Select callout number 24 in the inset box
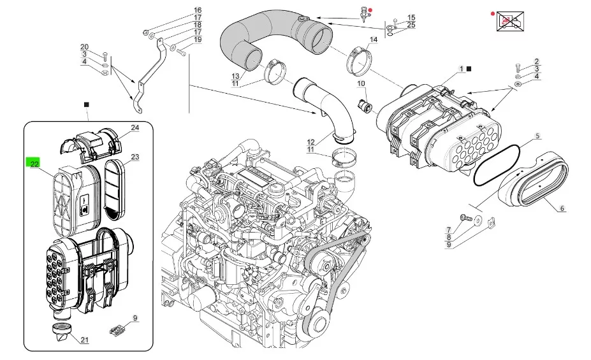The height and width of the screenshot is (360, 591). click(x=135, y=127)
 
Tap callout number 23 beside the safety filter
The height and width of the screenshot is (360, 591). click(x=135, y=157)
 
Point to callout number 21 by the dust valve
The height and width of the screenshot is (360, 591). click(x=85, y=340)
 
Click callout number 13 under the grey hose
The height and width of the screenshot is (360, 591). click(x=235, y=76)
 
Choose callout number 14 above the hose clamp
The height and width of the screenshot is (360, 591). click(x=374, y=40)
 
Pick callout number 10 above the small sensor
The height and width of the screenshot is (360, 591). click(x=361, y=83)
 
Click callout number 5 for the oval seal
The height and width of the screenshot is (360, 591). click(x=537, y=136)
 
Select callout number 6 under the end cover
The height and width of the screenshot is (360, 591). click(x=562, y=208)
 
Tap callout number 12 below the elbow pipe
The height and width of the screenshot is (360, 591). click(x=310, y=142)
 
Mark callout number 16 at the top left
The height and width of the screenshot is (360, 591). click(x=198, y=10)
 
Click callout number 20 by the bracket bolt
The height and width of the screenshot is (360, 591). click(x=84, y=47)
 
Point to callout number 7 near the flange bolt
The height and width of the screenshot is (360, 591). click(x=449, y=229)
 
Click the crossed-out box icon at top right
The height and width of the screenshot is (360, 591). click(x=510, y=22)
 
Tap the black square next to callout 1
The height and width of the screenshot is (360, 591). click(x=469, y=69)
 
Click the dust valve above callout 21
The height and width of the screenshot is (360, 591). click(x=60, y=331)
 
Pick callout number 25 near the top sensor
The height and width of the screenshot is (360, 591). click(x=411, y=25)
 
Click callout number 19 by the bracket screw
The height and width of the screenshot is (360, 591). click(x=198, y=40)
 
